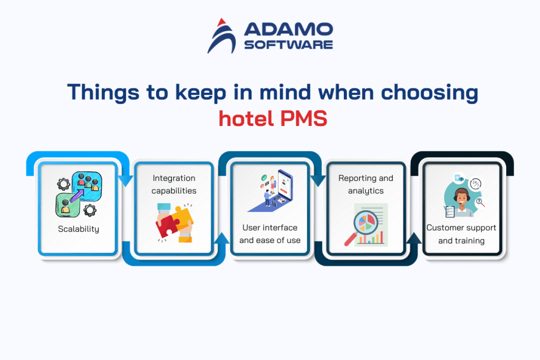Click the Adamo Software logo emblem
coord(222,36)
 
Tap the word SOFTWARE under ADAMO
coord(288,44)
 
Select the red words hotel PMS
coord(273,118)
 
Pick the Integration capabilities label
coord(174,184)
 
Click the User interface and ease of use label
coord(270,234)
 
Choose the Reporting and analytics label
coord(365,184)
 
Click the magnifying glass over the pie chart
coord(364,221)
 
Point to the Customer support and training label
coord(461,234)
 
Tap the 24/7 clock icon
coord(476,184)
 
